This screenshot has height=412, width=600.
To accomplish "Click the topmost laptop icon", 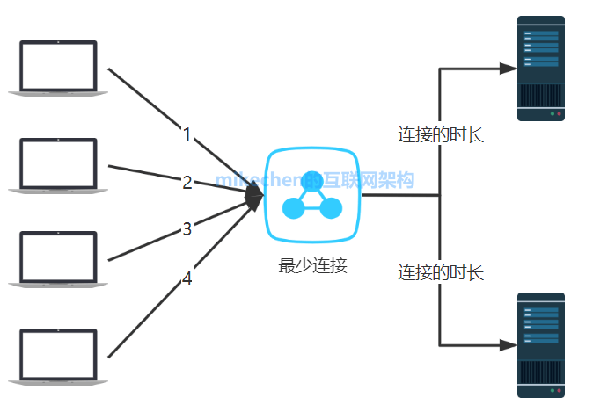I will pyautogui.click(x=58, y=67).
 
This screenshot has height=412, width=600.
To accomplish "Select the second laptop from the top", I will pyautogui.click(x=58, y=164).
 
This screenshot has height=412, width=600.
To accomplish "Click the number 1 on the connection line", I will pyautogui.click(x=187, y=134).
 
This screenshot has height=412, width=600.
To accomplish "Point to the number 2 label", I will pyautogui.click(x=187, y=183).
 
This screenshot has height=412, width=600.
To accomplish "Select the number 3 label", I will pyautogui.click(x=187, y=229).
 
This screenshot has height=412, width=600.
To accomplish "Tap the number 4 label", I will pyautogui.click(x=187, y=278).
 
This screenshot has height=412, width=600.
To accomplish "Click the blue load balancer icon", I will pyautogui.click(x=313, y=196).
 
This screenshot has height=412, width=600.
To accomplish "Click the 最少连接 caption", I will pyautogui.click(x=313, y=265).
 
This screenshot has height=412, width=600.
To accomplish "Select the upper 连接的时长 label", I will pyautogui.click(x=441, y=135).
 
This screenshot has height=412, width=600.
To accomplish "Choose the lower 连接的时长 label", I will pyautogui.click(x=441, y=271).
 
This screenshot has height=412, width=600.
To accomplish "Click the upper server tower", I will pyautogui.click(x=540, y=69).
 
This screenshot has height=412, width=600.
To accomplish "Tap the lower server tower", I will pyautogui.click(x=540, y=345).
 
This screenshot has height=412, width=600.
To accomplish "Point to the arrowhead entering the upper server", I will pyautogui.click(x=507, y=68).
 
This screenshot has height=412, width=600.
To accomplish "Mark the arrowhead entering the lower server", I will pyautogui.click(x=507, y=345).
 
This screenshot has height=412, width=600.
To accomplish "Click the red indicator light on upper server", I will pyautogui.click(x=559, y=115).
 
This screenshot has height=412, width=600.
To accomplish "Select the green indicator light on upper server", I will pyautogui.click(x=551, y=115).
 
